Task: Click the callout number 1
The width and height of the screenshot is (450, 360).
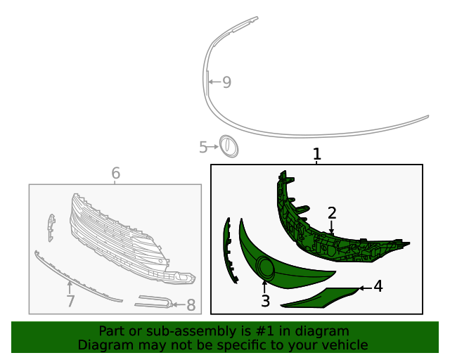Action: pyautogui.click(x=317, y=154)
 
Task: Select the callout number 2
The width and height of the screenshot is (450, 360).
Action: pyautogui.click(x=332, y=212)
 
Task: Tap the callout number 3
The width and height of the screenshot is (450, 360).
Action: pyautogui.click(x=265, y=302)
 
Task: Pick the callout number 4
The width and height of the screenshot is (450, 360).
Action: pyautogui.click(x=378, y=287)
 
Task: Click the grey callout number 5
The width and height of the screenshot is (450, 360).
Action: pyautogui.click(x=203, y=147)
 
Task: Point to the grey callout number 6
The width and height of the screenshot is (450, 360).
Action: pyautogui.click(x=116, y=173)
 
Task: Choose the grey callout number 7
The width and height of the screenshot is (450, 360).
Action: pyautogui.click(x=70, y=302)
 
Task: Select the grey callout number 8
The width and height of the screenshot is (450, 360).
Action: pyautogui.click(x=191, y=305)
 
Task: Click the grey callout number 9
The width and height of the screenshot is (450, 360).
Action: pyautogui.click(x=226, y=82)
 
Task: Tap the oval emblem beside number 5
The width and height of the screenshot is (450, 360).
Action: pyautogui.click(x=229, y=146)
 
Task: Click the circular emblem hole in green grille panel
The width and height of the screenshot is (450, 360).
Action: pyautogui.click(x=266, y=268)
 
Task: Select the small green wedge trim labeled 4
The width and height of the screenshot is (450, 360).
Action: pyautogui.click(x=316, y=298)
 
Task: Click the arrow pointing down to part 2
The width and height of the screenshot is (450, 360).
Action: pyautogui.click(x=331, y=227)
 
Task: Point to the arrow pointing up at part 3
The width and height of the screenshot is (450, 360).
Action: pyautogui.click(x=264, y=286)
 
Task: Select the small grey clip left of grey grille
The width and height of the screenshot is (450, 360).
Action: pyautogui.click(x=50, y=226)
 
